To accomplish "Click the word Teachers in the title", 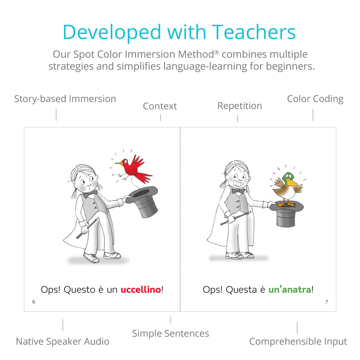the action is [254, 32].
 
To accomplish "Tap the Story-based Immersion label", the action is [65, 99].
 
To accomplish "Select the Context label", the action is [160, 106].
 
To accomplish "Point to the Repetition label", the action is [240, 106].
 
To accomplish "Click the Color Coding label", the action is [315, 99].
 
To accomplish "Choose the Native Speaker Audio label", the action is [62, 341].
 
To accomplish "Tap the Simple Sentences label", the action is [171, 333].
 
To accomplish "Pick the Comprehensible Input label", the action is [298, 341].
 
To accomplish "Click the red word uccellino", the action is [141, 290].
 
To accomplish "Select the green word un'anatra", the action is [290, 290].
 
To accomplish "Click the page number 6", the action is [34, 302].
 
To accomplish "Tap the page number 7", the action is [327, 302].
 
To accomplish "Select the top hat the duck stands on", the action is [286, 214].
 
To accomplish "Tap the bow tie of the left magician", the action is [90, 194].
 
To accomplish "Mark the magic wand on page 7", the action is [236, 218].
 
